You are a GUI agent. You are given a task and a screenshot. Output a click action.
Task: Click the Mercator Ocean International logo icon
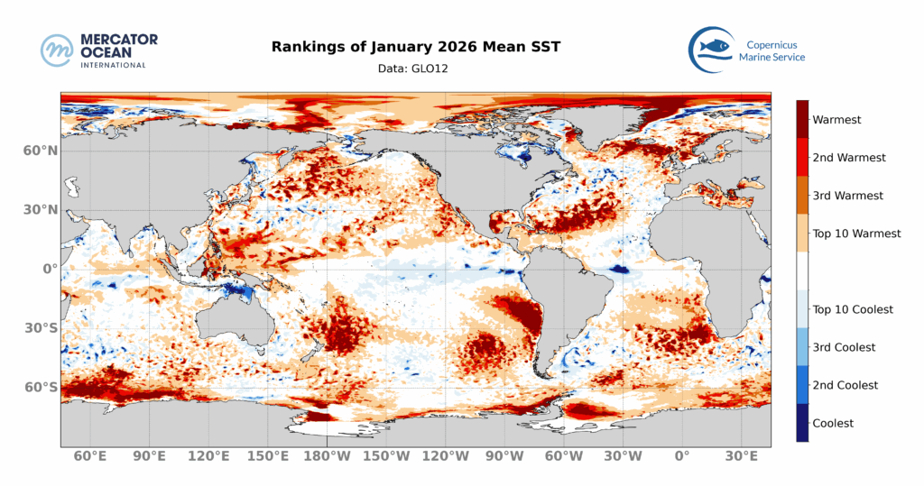57,50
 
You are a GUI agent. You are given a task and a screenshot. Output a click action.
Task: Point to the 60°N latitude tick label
40,151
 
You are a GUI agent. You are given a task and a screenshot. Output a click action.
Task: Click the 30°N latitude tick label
40,210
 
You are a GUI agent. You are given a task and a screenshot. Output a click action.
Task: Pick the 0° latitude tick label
47,269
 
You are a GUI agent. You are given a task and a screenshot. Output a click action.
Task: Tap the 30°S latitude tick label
40,328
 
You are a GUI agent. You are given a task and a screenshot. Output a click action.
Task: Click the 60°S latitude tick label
40,388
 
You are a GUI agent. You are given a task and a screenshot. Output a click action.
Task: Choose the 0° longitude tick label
682,456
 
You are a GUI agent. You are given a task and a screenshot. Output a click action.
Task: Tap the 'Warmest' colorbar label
836,119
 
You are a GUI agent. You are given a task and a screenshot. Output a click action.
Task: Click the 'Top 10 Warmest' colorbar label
856,234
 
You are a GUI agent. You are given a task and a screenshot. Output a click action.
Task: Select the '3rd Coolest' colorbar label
844,347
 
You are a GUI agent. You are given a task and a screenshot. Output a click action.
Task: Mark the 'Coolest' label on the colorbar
833,423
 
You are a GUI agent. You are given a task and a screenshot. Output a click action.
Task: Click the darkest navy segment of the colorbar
802,423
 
